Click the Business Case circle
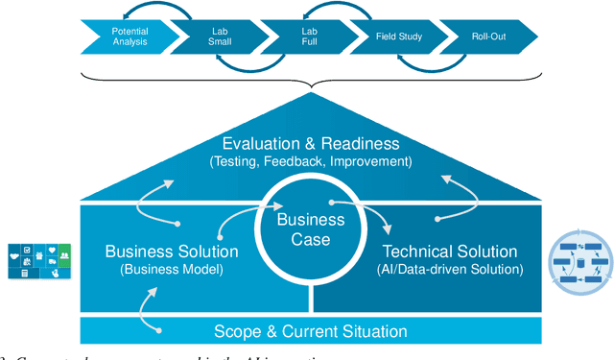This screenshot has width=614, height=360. point(310,227)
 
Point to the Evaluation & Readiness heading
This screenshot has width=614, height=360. point(310,144)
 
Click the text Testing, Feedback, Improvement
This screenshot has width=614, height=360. point(310,161)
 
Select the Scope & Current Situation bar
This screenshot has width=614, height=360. point(310,331)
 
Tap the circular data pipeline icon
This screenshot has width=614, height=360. point(579,257)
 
